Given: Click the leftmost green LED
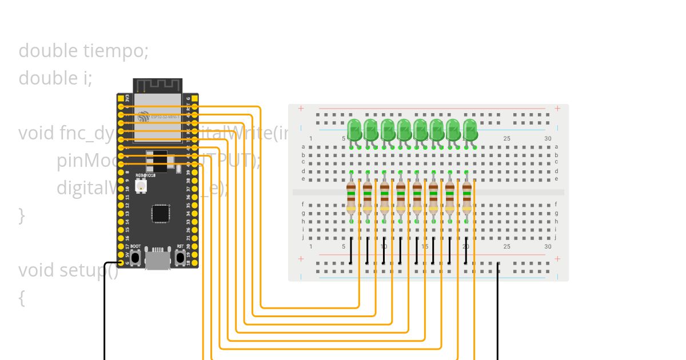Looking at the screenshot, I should [354, 129].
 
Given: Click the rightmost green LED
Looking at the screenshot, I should [470, 129].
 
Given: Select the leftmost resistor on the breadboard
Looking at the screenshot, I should [351, 197].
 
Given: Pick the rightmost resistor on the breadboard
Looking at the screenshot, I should [466, 197].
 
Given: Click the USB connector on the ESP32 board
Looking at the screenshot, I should [157, 260].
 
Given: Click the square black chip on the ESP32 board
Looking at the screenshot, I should [161, 213].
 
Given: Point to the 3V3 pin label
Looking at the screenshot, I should [127, 98].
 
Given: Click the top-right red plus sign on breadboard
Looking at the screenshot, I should [557, 109].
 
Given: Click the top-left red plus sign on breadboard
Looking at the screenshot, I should [301, 109].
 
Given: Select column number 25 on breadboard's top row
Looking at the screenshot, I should [506, 139].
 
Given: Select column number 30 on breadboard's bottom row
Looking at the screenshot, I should [548, 246].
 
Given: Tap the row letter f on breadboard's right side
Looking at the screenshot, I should [556, 205].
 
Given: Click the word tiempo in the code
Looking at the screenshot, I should [115, 51].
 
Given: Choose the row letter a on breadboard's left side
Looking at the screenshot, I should [303, 147].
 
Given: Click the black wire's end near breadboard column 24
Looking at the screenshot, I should [498, 263].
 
